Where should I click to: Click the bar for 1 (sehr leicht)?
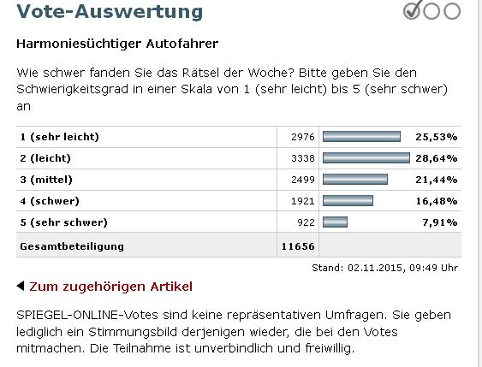click(360, 137)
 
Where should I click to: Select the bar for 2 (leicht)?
click(366, 158)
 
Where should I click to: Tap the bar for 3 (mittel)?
click(354, 180)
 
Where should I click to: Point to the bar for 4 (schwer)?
click(348, 201)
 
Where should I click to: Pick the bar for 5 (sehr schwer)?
click(335, 222)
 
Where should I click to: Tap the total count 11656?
click(298, 246)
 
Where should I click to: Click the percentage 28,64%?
click(437, 158)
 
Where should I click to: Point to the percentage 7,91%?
click(440, 222)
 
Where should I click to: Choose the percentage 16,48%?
click(437, 201)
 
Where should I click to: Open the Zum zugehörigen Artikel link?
click(110, 286)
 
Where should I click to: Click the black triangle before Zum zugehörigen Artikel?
click(21, 286)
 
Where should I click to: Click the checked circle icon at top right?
click(412, 11)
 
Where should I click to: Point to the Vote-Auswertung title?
click(110, 12)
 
